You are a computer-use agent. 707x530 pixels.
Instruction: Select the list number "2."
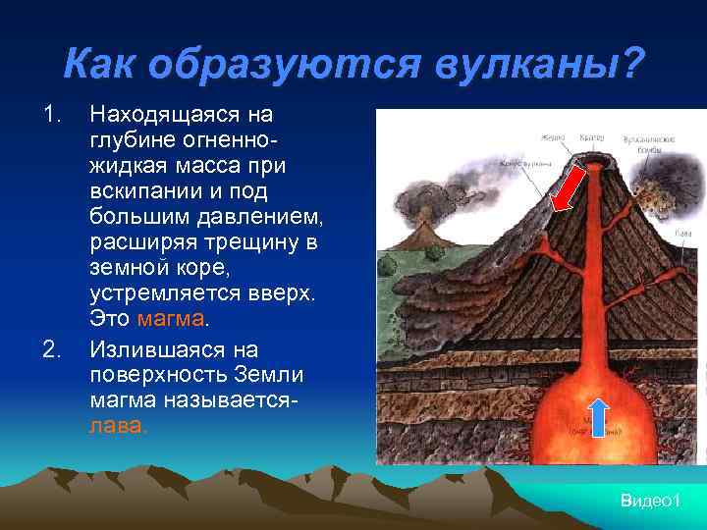pos(52,348)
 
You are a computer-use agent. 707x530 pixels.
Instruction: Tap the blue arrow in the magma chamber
pos(599,416)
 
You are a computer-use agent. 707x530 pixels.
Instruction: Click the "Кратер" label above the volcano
pos(592,138)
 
